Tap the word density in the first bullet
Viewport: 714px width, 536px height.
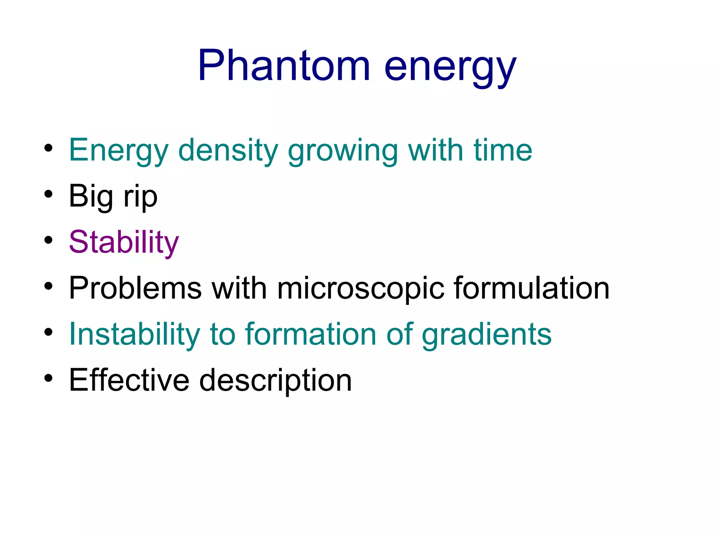(228, 150)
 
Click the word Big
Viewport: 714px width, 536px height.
(91, 196)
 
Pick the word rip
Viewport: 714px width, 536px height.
(140, 198)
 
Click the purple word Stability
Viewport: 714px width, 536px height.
(124, 242)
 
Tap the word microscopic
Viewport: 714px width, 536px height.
(360, 289)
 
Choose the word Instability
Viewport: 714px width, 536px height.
(135, 334)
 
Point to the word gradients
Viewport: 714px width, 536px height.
(487, 335)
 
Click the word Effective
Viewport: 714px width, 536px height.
(129, 380)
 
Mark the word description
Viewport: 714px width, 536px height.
(275, 381)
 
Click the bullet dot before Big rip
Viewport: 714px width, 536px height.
(48, 194)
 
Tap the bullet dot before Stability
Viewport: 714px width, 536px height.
(48, 240)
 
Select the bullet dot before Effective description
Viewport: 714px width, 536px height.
(48, 378)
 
